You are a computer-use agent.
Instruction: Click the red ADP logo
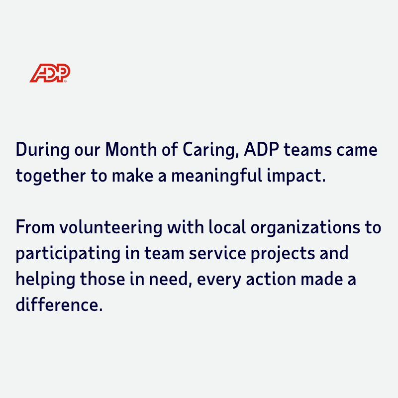point(50,73)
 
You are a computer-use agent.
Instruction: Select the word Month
point(131,149)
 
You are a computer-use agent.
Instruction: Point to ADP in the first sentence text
point(262,149)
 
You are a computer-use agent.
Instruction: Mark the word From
point(35,227)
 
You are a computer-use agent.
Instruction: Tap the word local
point(227,227)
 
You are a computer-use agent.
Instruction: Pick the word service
point(217,253)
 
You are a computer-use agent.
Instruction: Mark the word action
point(271,279)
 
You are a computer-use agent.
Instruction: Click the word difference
point(59,304)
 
